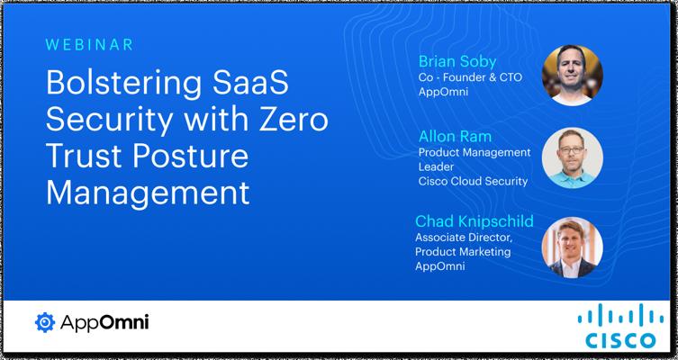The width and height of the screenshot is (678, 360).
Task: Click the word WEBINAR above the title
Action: point(89,45)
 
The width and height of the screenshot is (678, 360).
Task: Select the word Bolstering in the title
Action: point(123,84)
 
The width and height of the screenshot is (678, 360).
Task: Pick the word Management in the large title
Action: point(148,193)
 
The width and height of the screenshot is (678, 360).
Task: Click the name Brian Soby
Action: point(457,62)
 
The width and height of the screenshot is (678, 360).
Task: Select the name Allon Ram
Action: point(455,137)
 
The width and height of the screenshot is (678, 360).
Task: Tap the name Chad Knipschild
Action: point(475,221)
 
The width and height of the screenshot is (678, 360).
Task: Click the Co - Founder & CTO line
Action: point(470,77)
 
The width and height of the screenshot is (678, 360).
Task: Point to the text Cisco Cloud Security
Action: point(473,181)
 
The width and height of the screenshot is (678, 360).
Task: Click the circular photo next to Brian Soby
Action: point(572,76)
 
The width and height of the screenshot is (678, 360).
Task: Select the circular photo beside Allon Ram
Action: point(572,157)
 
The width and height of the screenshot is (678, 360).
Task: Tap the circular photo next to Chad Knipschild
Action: point(572,247)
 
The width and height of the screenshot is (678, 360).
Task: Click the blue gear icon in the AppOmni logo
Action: point(45,322)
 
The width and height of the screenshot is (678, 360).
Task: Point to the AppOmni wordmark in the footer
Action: point(104,322)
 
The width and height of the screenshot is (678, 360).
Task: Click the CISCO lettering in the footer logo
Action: point(620,340)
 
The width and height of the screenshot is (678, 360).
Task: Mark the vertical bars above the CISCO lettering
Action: point(620,315)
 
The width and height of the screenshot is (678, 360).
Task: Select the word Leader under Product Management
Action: point(437,166)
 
